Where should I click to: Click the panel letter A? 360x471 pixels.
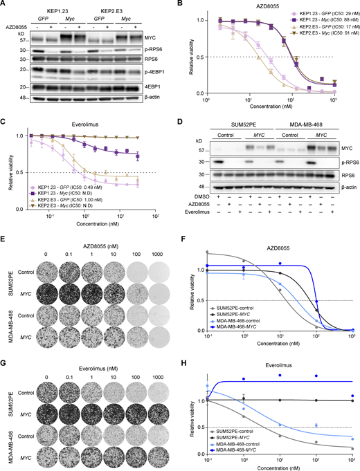pos(5,5)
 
